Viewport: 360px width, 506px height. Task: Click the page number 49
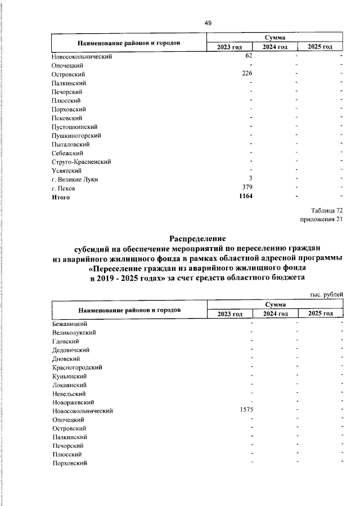coord(208,23)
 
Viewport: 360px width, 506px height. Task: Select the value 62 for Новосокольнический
coord(249,56)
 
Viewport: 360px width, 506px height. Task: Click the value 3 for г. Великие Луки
coord(250,179)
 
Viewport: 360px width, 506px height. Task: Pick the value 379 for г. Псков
coord(247,188)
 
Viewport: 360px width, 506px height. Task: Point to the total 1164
coord(245,196)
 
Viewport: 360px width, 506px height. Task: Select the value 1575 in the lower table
coord(246,410)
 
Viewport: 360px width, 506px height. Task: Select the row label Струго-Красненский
coord(81,162)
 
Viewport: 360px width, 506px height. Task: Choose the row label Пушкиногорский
coord(76,136)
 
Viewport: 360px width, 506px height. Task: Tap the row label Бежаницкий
coord(69,324)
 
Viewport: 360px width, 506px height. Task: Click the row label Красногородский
coord(77,367)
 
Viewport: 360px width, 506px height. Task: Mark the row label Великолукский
coord(74,333)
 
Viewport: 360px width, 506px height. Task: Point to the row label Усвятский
coord(67,171)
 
